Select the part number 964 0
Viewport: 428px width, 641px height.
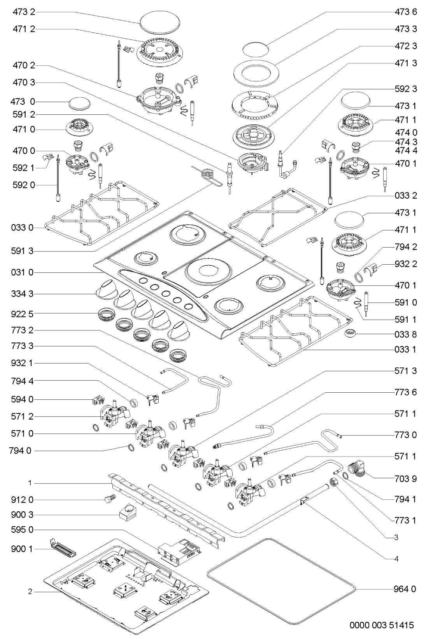405,589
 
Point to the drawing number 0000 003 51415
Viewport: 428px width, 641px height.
382,626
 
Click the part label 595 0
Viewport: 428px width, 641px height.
23,530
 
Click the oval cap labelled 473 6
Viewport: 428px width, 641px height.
256,49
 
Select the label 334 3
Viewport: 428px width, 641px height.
23,294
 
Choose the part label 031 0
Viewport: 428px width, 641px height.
23,272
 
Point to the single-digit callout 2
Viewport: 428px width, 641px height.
30,592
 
